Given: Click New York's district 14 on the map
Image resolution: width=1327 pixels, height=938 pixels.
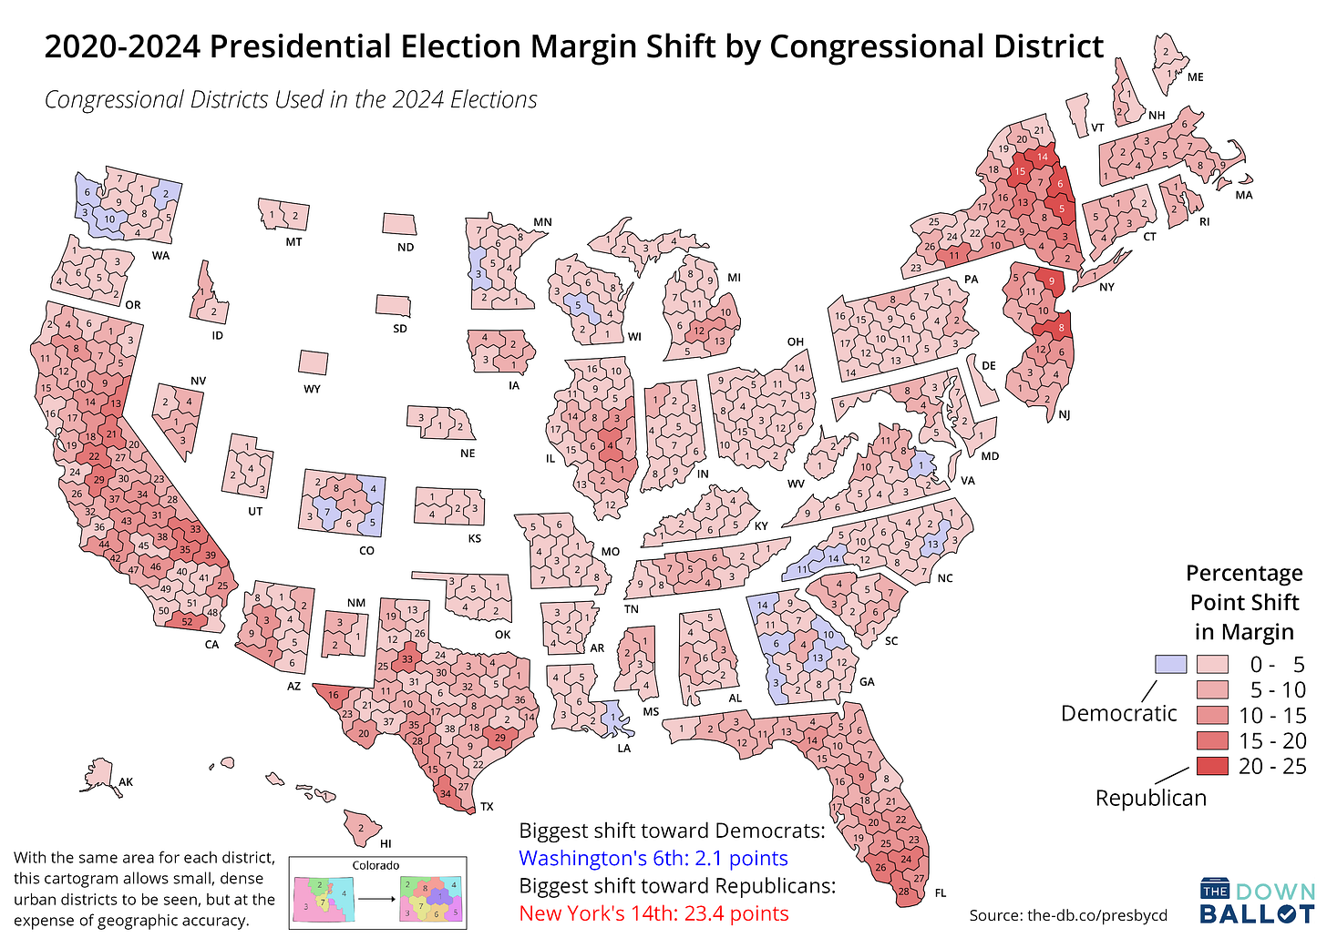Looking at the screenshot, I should pyautogui.click(x=1042, y=157).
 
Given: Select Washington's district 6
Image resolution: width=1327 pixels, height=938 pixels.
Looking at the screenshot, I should pyautogui.click(x=87, y=192).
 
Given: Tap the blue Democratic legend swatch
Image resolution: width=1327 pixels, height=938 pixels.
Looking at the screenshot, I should pyautogui.click(x=1170, y=664).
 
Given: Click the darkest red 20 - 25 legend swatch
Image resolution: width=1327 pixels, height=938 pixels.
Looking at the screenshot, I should pyautogui.click(x=1212, y=766).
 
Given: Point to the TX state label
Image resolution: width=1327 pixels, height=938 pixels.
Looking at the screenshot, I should pyautogui.click(x=487, y=807).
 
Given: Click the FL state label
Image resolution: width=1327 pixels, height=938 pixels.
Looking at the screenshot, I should pyautogui.click(x=941, y=893).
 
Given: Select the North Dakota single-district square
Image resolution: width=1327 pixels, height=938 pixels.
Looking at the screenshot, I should pyautogui.click(x=398, y=224).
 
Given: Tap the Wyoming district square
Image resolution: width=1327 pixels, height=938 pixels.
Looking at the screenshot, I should pyautogui.click(x=313, y=362).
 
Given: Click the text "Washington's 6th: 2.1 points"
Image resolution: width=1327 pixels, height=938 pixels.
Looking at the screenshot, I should pyautogui.click(x=653, y=858).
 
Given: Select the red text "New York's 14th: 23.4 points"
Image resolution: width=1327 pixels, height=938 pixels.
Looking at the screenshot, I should pyautogui.click(x=653, y=913).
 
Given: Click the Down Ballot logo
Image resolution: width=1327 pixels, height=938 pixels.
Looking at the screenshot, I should pyautogui.click(x=1257, y=902).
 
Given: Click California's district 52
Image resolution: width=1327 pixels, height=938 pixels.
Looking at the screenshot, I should pyautogui.click(x=187, y=621).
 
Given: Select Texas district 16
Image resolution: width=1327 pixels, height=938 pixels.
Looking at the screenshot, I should pyautogui.click(x=334, y=695).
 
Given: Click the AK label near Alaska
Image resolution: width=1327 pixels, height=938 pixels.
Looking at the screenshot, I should pyautogui.click(x=126, y=781).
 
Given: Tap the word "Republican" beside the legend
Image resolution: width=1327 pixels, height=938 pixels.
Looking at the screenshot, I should pyautogui.click(x=1150, y=798).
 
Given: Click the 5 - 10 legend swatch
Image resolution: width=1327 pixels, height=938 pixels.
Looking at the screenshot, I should pyautogui.click(x=1212, y=689).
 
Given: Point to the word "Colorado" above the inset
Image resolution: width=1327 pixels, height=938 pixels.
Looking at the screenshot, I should pyautogui.click(x=375, y=865).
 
